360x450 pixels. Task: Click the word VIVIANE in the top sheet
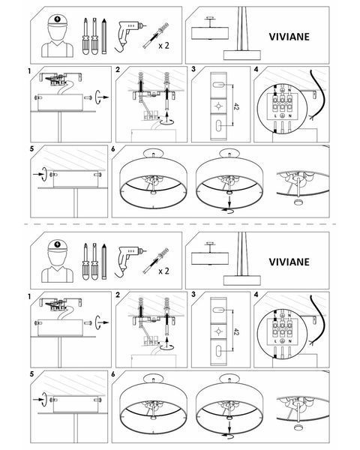click(289, 37)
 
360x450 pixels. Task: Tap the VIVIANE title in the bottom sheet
click(289, 262)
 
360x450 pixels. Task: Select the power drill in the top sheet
click(128, 36)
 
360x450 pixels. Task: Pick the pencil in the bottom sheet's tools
click(104, 262)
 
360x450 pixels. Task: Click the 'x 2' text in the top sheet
click(163, 45)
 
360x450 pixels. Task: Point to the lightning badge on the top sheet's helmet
click(58, 19)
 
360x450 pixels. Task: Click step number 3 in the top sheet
click(193, 69)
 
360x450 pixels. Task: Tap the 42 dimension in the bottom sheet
click(236, 332)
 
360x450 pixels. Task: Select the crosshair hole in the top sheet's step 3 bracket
click(218, 106)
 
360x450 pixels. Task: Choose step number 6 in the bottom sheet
click(112, 374)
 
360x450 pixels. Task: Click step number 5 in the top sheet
click(31, 149)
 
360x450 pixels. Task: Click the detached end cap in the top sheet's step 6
click(299, 202)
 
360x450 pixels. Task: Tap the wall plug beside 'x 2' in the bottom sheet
click(156, 260)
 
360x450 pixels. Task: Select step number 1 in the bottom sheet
click(29, 296)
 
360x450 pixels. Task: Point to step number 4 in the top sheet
click(256, 69)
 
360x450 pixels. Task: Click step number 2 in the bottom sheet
click(118, 295)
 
